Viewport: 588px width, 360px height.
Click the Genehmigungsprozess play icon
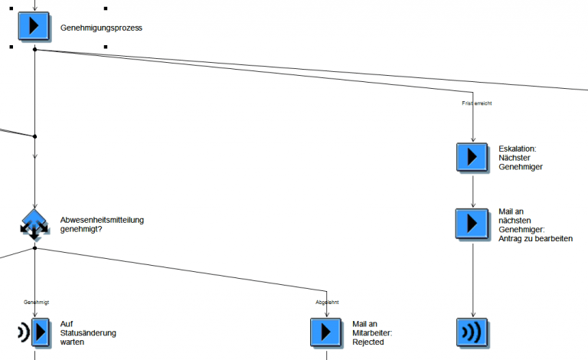[34, 25]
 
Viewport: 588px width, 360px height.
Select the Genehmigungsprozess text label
[101, 28]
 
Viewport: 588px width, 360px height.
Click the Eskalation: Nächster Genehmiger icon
[472, 157]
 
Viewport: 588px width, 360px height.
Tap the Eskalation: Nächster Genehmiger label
[521, 157]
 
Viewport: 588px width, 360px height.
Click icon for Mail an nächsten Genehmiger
[472, 223]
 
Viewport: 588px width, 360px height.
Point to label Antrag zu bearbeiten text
[535, 238]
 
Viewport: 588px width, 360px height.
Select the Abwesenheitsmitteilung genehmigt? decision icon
[34, 225]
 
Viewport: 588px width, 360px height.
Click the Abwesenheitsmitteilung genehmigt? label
[101, 224]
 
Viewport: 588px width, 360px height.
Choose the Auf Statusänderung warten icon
[34, 332]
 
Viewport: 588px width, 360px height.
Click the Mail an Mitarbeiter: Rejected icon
[326, 332]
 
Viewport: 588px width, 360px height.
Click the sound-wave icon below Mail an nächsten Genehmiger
[472, 332]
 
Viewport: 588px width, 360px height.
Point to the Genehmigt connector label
[36, 303]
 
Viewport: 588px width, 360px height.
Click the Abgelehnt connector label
[327, 303]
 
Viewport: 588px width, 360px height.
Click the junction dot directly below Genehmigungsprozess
[34, 49]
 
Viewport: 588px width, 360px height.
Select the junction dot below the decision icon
[34, 247]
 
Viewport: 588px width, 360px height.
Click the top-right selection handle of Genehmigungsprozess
[105, 8]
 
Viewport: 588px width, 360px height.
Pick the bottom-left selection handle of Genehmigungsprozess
[11, 46]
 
